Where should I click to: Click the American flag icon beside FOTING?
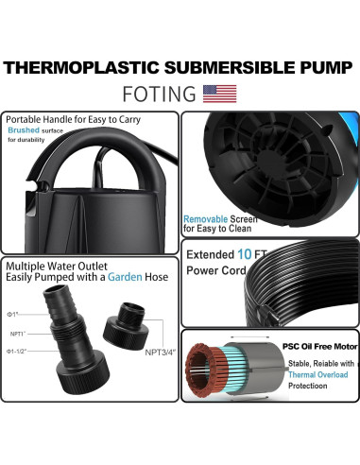(x=220, y=94)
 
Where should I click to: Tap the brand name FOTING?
(x=160, y=94)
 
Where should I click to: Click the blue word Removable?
(x=205, y=218)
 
